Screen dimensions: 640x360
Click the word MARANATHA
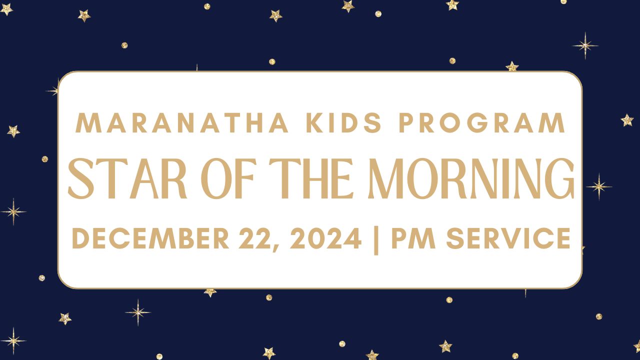click(x=181, y=123)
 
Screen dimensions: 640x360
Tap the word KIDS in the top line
click(x=343, y=123)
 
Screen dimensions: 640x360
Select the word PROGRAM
click(x=482, y=123)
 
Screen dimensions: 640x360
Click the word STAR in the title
click(x=127, y=178)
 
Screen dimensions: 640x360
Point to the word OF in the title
click(x=227, y=178)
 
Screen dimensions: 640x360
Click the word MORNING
click(x=471, y=178)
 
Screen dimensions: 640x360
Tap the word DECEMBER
click(x=150, y=238)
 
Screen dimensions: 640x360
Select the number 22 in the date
click(x=254, y=238)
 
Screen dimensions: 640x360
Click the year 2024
click(x=325, y=238)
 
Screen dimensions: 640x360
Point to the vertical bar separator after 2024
click(x=376, y=240)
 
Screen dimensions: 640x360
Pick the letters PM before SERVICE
click(x=413, y=238)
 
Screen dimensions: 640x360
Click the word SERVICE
click(x=508, y=238)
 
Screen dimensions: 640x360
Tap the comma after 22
click(x=275, y=247)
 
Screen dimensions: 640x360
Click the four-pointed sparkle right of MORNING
click(x=599, y=187)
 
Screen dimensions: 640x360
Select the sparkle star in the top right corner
click(x=585, y=45)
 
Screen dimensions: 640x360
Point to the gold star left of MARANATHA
click(x=13, y=131)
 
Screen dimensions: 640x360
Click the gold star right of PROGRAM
click(x=627, y=120)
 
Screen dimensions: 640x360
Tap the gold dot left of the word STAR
click(x=45, y=159)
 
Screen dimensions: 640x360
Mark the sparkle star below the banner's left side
click(x=138, y=312)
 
